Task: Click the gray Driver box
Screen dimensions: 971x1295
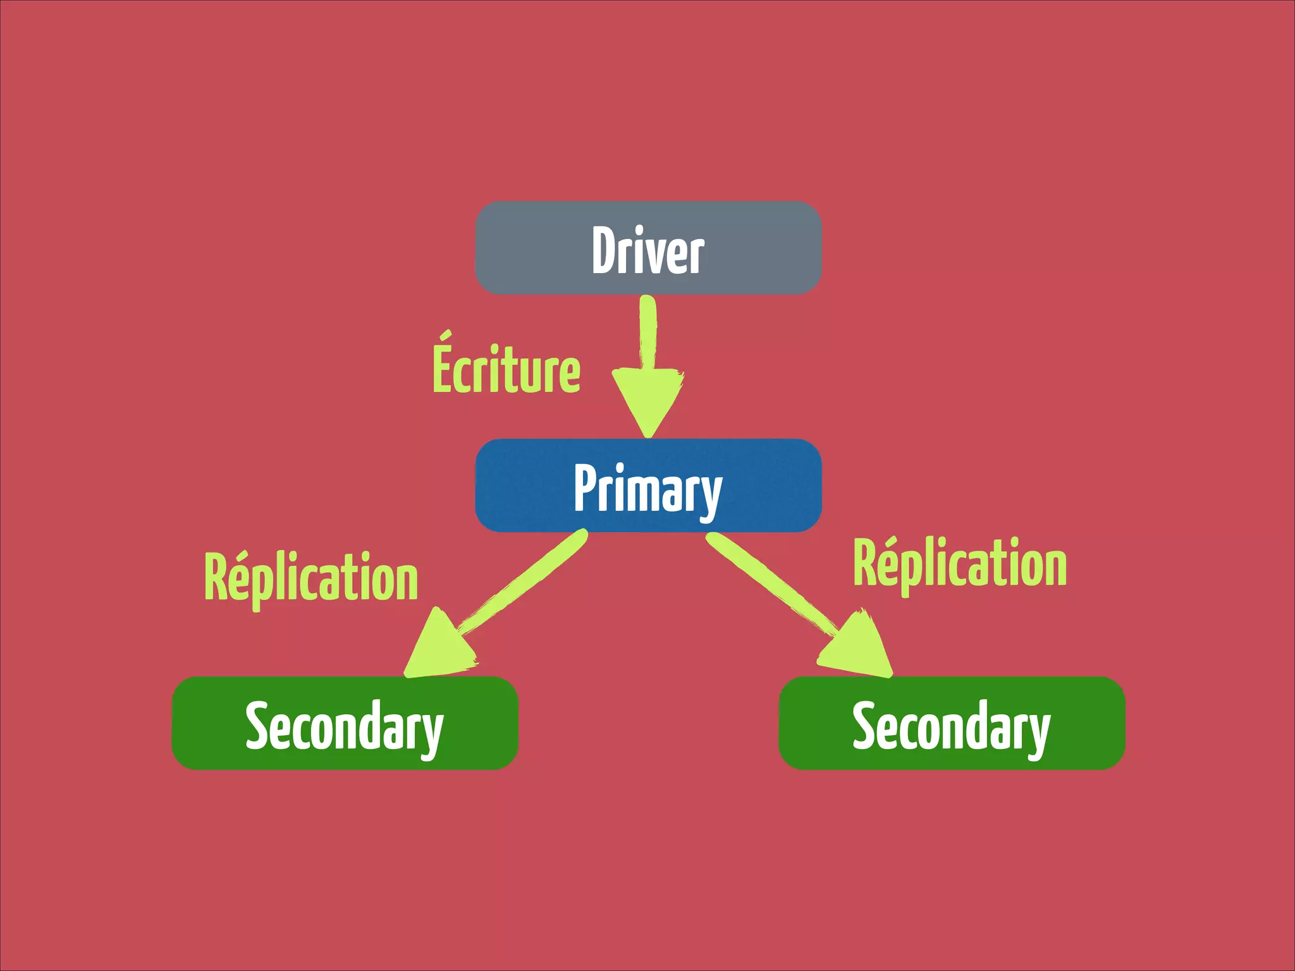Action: [647, 248]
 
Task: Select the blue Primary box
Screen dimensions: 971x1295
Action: [647, 485]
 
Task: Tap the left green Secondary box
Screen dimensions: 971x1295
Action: [345, 723]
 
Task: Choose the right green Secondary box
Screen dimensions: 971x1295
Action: [952, 723]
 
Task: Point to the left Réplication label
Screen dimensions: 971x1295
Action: [311, 577]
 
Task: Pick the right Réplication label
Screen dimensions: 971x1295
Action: [960, 565]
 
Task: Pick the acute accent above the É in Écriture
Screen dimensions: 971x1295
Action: [446, 336]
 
